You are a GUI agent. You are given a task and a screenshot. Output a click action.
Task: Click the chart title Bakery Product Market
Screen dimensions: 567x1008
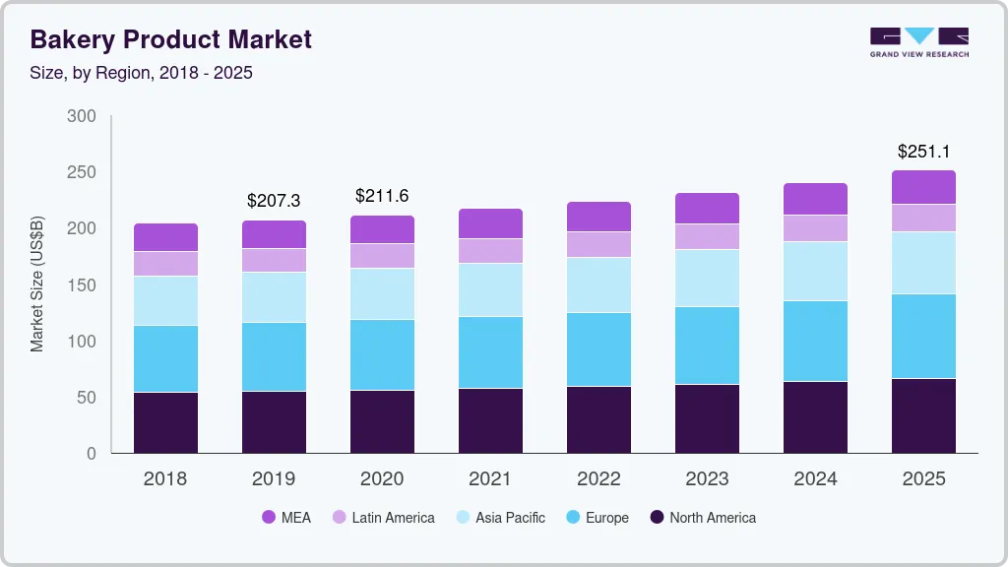pos(171,39)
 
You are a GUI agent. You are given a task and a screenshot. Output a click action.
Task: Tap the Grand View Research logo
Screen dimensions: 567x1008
pos(919,41)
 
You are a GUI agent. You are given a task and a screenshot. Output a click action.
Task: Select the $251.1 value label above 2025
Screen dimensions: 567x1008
pos(923,152)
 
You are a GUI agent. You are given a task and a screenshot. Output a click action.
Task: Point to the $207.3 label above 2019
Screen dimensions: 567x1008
pos(274,201)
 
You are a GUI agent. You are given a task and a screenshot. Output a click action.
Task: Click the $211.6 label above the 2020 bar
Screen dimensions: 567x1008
pos(382,196)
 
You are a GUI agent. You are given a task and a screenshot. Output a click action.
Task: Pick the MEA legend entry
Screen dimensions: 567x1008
pos(286,517)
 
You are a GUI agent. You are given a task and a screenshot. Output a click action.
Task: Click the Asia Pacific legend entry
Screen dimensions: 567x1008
pos(499,517)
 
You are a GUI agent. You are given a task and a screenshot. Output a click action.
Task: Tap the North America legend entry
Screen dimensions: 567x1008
pos(702,517)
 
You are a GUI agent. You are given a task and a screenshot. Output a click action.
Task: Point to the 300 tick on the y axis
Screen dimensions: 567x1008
pos(82,116)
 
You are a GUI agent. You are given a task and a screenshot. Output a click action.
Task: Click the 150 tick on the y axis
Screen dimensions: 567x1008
pos(82,285)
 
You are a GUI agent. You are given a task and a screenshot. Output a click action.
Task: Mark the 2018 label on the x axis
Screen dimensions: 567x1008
pos(165,479)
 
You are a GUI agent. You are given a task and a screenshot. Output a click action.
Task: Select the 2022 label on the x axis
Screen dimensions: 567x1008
pos(598,479)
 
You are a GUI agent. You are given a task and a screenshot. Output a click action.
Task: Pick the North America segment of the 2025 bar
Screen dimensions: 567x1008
pos(923,415)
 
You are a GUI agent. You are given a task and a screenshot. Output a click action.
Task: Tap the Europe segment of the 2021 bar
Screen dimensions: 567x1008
pos(490,351)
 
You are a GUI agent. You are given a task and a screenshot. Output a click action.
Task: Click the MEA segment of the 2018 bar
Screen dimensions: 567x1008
pos(165,237)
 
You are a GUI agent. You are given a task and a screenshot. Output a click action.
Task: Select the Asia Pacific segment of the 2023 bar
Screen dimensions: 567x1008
pos(707,278)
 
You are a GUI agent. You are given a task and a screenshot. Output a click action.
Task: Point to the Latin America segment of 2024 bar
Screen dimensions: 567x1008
pos(815,227)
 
